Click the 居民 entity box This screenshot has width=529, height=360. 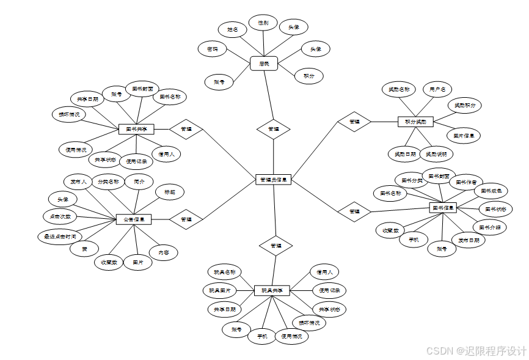[x=264, y=63]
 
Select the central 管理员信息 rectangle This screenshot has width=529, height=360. [x=273, y=180]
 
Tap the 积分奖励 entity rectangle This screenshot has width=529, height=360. [x=415, y=122]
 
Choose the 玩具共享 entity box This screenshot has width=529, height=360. [x=272, y=290]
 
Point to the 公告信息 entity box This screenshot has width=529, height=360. [x=134, y=219]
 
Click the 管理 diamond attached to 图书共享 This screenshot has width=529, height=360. [x=186, y=129]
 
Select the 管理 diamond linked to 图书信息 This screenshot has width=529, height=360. [x=354, y=211]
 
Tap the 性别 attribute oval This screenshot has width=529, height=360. [x=263, y=23]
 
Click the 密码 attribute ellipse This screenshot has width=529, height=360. [x=213, y=49]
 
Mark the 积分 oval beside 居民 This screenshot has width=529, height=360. [x=308, y=76]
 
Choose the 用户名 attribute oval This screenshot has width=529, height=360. [x=437, y=89]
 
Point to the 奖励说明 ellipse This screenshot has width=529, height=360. [x=436, y=154]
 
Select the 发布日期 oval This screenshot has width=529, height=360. [x=469, y=240]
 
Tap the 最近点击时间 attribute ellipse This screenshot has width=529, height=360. [x=59, y=237]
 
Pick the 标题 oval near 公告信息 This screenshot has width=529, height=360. [x=169, y=192]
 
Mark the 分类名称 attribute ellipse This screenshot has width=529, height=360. [x=108, y=182]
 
